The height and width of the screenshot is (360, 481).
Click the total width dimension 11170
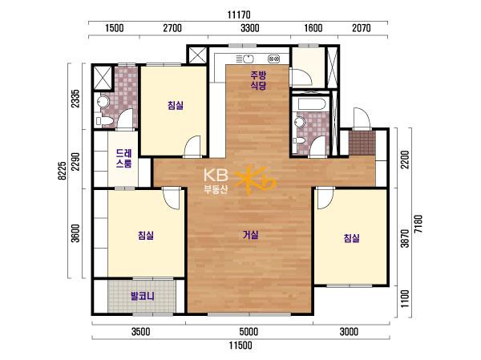[239, 14]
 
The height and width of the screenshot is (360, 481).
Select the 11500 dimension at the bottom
[240, 346]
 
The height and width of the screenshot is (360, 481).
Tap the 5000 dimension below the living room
[249, 332]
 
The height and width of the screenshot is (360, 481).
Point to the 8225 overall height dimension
[62, 171]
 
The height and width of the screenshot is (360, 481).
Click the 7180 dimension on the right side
[418, 224]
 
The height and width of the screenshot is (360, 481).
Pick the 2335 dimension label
[75, 99]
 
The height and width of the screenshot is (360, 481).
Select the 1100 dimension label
[405, 299]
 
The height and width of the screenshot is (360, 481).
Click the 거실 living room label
[251, 235]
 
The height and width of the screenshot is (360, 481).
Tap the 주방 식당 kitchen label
[258, 80]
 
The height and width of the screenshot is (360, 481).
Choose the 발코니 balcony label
[143, 296]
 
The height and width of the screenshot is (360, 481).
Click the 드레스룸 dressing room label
[124, 159]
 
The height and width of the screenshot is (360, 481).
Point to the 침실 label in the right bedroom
[352, 238]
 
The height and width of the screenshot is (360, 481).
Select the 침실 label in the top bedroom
[176, 105]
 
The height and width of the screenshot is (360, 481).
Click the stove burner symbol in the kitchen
[273, 59]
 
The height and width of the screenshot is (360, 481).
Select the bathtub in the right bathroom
[311, 104]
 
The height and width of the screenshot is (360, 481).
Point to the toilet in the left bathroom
[104, 120]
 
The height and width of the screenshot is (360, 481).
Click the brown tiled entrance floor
[362, 143]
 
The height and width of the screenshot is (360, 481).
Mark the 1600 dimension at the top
[313, 28]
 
